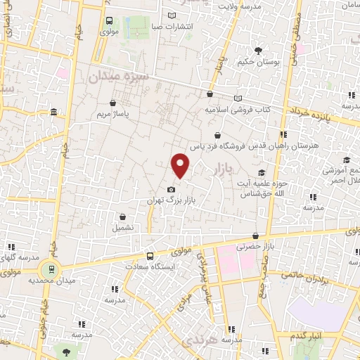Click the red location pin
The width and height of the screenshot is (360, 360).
point(181,166)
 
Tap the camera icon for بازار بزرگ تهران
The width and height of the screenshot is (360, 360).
point(171,189)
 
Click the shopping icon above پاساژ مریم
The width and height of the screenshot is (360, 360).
point(113,102)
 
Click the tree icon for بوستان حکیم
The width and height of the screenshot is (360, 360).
point(259,50)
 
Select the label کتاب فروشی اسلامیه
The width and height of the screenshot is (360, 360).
point(238,110)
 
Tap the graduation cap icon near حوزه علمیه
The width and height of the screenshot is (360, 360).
point(262,172)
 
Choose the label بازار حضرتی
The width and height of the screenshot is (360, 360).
point(253,246)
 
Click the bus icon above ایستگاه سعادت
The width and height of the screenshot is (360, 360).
point(150,257)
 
